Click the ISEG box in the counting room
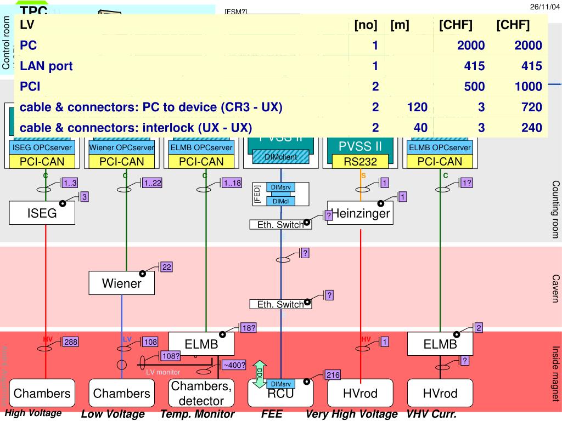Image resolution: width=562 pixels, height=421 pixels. [42, 213]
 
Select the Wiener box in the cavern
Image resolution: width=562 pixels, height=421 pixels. [121, 283]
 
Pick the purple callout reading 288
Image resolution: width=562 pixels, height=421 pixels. [71, 342]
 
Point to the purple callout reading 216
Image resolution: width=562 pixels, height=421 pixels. [333, 375]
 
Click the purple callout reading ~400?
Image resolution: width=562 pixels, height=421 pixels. [234, 365]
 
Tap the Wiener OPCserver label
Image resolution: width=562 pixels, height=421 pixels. [122, 147]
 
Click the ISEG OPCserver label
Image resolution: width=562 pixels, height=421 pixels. [42, 147]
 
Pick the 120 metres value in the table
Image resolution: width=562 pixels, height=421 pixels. [417, 107]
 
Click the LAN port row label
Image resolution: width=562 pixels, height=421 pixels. [46, 66]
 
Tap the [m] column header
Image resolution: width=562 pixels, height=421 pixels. [400, 25]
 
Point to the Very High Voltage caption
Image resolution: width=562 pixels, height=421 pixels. [351, 414]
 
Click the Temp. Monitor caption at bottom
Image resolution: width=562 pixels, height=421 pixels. [198, 414]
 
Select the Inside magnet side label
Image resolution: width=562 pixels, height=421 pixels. [555, 366]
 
